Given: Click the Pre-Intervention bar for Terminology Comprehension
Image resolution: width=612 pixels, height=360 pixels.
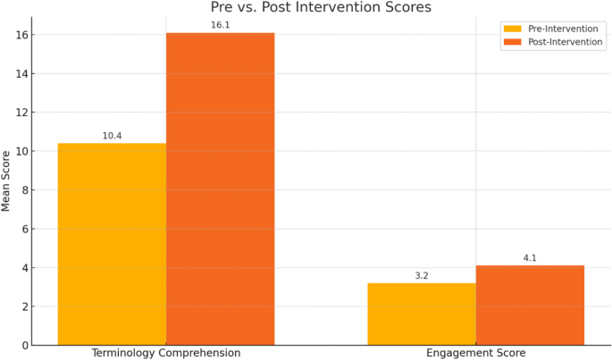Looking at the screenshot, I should [112, 244].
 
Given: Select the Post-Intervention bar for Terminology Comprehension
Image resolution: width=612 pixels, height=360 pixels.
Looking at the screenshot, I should [220, 188].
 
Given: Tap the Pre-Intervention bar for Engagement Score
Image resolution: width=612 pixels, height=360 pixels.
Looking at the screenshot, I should [422, 314].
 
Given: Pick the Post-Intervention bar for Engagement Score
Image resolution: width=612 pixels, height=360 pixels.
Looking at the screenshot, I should [530, 305].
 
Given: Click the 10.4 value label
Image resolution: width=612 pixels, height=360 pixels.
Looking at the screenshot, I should [112, 136].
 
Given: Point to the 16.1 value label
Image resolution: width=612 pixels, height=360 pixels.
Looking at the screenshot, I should [220, 26].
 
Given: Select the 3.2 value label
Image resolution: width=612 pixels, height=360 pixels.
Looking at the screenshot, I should [422, 276].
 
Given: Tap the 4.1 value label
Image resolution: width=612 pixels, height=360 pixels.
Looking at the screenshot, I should [530, 258].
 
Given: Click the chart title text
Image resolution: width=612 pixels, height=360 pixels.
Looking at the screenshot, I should [321, 8].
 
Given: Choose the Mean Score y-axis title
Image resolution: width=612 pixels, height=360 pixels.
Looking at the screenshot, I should [7, 180].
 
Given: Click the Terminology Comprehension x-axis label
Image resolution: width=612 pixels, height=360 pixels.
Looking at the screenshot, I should [166, 353].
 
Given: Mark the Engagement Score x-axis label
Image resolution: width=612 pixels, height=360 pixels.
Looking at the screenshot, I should [475, 353].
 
